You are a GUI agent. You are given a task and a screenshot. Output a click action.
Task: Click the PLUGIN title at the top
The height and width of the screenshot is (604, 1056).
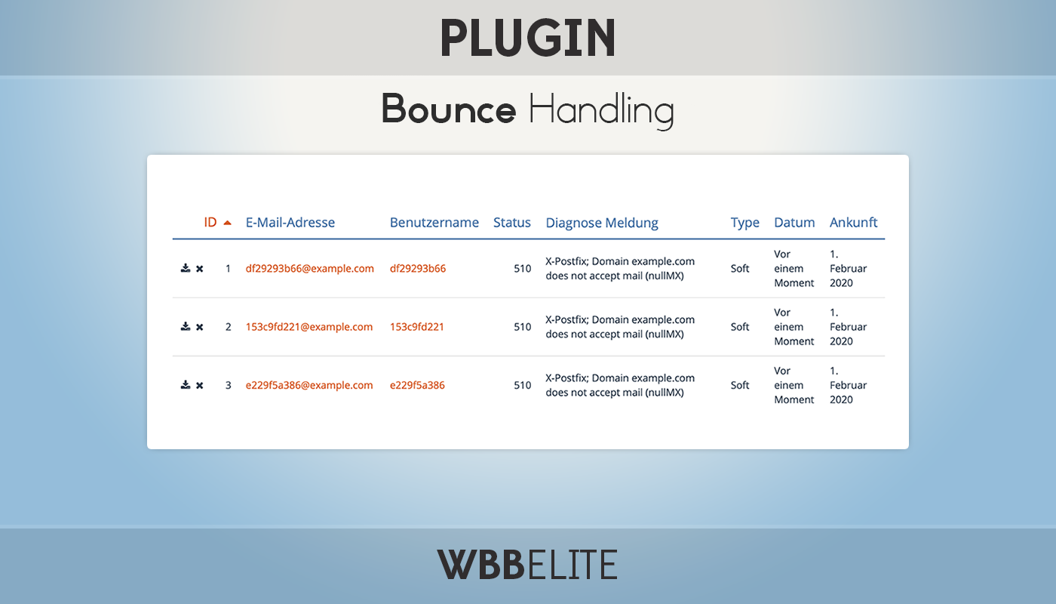(x=528, y=38)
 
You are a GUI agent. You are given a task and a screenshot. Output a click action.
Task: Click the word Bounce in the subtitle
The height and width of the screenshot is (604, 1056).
(x=448, y=109)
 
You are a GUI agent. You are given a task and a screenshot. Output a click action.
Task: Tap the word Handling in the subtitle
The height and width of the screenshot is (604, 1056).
(x=601, y=111)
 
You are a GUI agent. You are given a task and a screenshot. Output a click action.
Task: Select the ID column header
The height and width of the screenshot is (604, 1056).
(x=210, y=222)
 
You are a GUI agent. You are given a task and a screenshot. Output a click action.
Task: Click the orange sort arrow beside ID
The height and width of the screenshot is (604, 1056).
(x=227, y=223)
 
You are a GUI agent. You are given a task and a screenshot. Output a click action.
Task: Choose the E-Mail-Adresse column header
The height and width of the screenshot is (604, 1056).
(x=290, y=222)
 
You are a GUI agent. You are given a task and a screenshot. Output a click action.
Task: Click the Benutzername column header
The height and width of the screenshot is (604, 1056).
(x=434, y=222)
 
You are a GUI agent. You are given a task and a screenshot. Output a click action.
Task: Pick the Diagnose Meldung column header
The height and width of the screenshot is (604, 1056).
(x=602, y=223)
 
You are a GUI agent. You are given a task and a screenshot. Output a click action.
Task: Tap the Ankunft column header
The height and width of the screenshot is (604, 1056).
(x=853, y=222)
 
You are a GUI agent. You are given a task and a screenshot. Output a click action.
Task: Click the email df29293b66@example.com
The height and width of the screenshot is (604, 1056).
(x=310, y=269)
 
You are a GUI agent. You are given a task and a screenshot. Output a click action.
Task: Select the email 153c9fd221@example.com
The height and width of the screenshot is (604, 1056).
(x=309, y=327)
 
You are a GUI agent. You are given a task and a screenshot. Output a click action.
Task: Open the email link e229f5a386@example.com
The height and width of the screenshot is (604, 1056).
(x=309, y=385)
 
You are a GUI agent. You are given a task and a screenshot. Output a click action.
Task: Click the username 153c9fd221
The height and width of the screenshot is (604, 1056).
(x=416, y=327)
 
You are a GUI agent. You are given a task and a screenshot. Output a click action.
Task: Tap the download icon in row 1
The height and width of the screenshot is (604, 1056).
(x=186, y=268)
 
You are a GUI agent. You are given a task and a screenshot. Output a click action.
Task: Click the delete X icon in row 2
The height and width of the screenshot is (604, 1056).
(x=200, y=327)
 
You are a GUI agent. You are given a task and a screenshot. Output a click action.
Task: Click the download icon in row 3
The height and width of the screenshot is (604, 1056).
(x=186, y=384)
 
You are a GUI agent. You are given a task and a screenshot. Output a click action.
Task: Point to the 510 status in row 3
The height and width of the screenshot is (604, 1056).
(x=522, y=385)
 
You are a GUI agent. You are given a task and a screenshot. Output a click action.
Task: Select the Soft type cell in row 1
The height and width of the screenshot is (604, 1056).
(x=740, y=269)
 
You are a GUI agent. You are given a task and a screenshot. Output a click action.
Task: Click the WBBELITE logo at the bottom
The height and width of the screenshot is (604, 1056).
(x=527, y=565)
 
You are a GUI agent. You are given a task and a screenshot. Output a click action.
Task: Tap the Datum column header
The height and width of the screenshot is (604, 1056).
(x=794, y=222)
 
